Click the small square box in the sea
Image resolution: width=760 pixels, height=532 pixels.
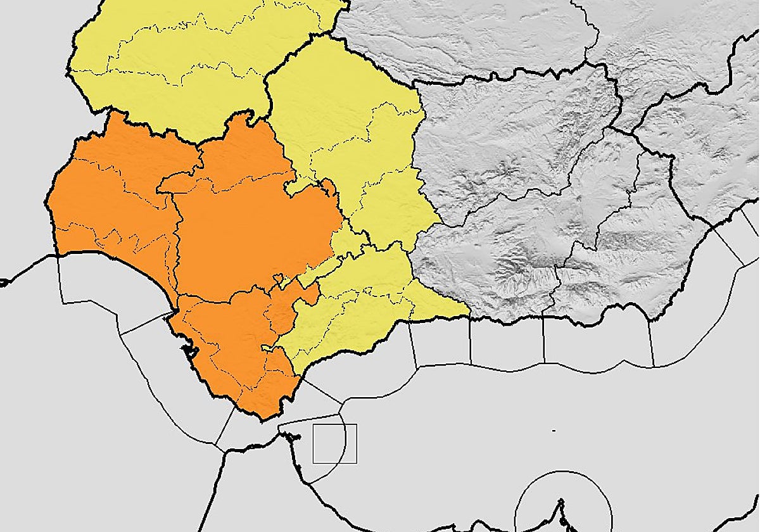pyautogui.click(x=334, y=443)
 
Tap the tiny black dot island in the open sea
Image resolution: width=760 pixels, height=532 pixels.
pyautogui.click(x=554, y=431)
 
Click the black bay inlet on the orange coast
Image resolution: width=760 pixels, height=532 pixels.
pyautogui.click(x=188, y=349)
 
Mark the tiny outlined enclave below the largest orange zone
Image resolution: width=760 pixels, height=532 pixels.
pyautogui.click(x=277, y=278)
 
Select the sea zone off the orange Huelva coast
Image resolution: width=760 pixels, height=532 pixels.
pyautogui.click(x=95, y=285)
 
